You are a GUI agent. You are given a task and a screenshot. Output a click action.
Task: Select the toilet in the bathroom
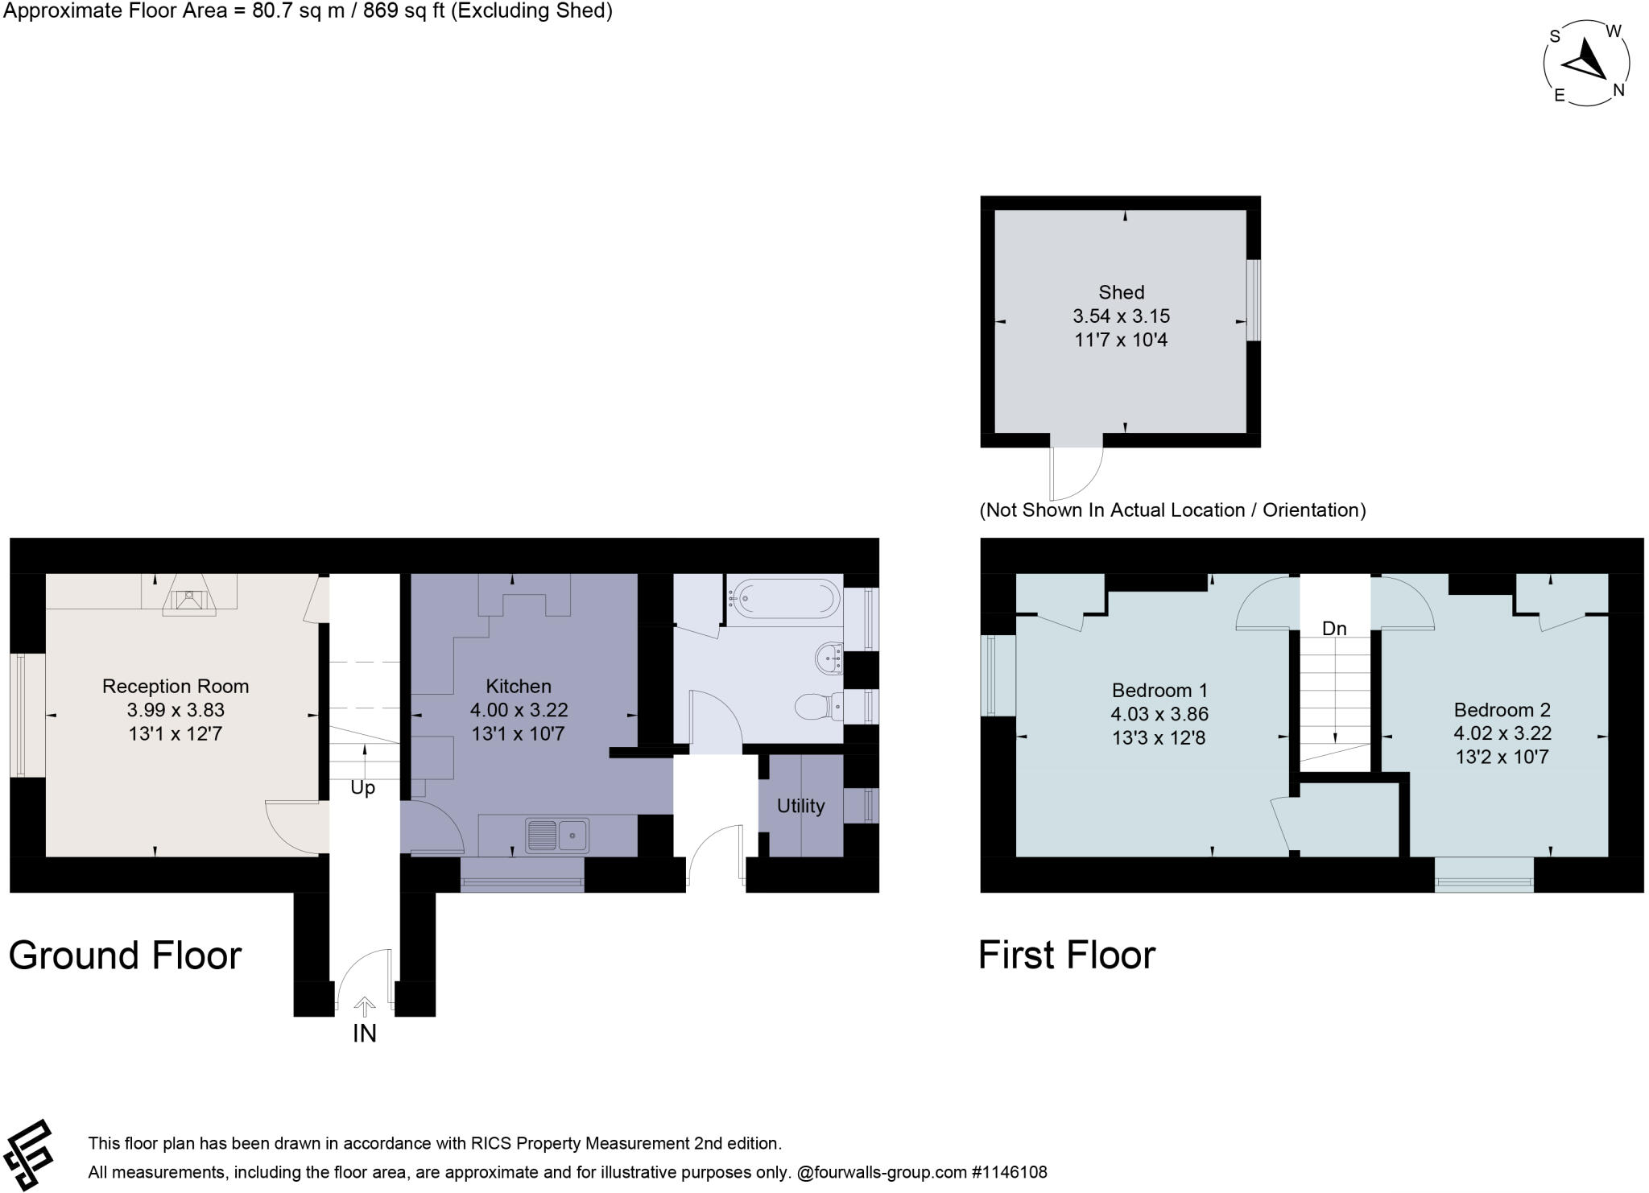(816, 707)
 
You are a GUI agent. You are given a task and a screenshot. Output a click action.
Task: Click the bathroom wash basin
(829, 659)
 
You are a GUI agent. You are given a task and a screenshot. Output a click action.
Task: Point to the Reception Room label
(175, 687)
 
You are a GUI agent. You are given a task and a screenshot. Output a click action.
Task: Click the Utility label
(800, 806)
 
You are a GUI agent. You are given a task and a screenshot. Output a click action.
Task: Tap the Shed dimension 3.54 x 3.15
(1121, 316)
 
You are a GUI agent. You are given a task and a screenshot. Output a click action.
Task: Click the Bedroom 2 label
(1502, 710)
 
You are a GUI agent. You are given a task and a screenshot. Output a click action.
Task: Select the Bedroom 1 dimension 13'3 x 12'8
(1158, 737)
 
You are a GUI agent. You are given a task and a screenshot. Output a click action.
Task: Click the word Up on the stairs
(362, 788)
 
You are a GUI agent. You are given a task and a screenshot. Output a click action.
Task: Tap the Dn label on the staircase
(1334, 629)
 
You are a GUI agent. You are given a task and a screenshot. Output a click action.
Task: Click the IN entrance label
(364, 1034)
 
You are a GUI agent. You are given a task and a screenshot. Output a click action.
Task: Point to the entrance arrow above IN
(365, 1007)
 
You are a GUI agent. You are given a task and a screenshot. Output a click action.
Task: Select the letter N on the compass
(1618, 90)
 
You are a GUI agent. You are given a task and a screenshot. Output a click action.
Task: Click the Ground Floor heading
(125, 956)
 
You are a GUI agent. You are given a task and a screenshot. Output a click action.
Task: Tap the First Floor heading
(1066, 956)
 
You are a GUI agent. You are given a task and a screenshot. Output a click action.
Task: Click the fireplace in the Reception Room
(188, 600)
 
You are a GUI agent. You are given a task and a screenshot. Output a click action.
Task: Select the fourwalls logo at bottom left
(28, 1154)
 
